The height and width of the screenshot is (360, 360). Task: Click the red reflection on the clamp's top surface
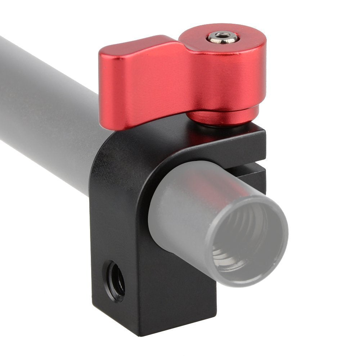tap(202, 139)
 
